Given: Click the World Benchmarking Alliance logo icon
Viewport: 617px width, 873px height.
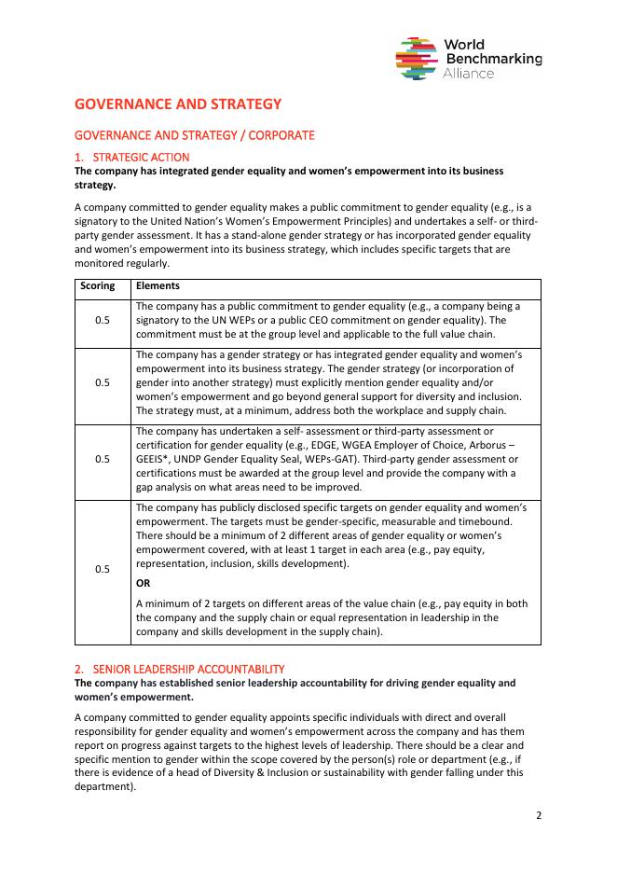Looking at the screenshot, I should [418, 59].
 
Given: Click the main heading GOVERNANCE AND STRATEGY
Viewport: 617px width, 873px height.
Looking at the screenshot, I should [177, 104].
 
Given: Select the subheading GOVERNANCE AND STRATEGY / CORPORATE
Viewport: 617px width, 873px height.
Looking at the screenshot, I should [194, 135].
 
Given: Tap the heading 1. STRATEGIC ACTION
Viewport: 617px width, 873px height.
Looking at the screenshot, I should [131, 157].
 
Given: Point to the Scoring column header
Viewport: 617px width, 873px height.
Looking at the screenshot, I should [98, 286].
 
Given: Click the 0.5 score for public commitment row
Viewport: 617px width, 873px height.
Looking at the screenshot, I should [103, 320].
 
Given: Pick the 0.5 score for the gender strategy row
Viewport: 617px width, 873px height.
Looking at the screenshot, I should [103, 382].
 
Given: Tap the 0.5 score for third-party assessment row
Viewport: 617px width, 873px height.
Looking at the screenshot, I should [103, 459].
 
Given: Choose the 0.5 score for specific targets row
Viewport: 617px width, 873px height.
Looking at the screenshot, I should [103, 569].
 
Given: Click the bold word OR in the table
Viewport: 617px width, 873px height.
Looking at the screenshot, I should [144, 583].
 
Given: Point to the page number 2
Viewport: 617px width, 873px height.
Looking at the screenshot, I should [538, 814].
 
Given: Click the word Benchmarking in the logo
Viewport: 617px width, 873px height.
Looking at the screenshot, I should [493, 59].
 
